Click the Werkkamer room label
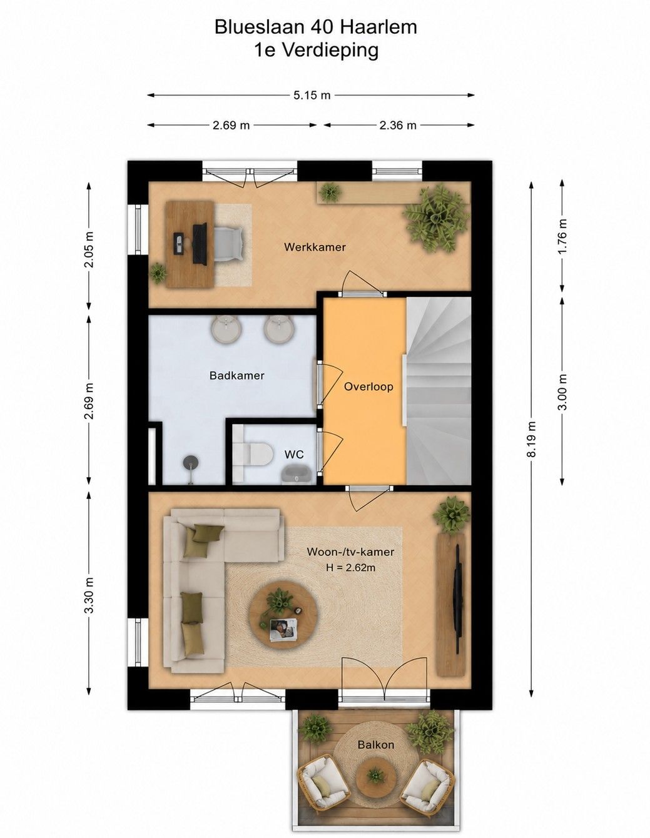click(315, 247)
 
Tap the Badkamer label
click(237, 375)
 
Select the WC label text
click(294, 454)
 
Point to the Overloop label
click(368, 386)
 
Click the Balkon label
click(376, 744)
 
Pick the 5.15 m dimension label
click(312, 95)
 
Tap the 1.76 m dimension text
click(562, 236)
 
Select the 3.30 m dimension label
click(89, 595)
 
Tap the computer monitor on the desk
click(200, 244)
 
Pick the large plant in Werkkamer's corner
click(436, 218)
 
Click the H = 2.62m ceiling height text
click(351, 567)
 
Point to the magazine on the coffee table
click(283, 629)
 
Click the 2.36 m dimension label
click(398, 125)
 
